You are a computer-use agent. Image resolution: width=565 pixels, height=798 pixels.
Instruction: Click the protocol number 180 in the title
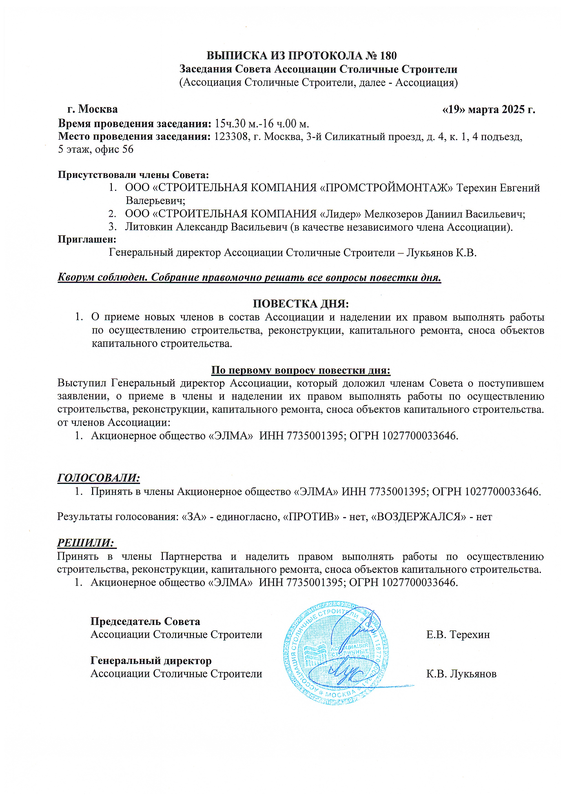click(x=388, y=56)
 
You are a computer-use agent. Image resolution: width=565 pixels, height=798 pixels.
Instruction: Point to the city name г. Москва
click(x=92, y=109)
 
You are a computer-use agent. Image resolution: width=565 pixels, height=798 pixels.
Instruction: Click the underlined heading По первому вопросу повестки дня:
click(x=301, y=371)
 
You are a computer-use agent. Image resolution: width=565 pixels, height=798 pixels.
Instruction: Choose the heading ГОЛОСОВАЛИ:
click(x=98, y=478)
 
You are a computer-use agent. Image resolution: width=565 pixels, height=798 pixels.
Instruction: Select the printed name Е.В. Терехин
click(x=458, y=635)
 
